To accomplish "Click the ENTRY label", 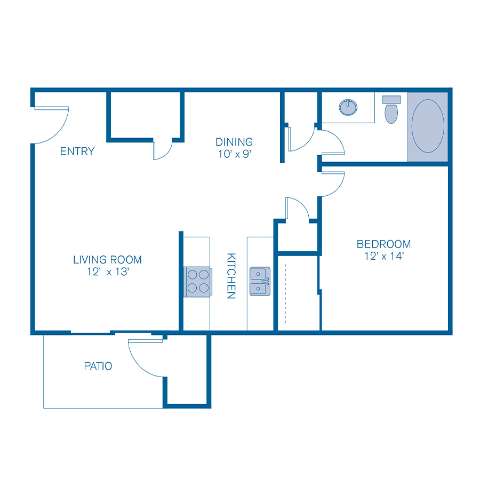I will point(77,151).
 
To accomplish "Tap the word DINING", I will point(234,142).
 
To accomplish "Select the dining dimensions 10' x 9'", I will point(234,155).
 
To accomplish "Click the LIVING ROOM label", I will point(107,260).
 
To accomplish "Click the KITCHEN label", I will point(231,275).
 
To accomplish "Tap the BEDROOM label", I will point(383,244).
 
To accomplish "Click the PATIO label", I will point(98,366).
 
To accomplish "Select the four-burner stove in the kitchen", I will point(197,281).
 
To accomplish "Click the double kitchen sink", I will point(260,281).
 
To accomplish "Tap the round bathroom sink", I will point(348,107).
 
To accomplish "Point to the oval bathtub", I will point(428,126).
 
